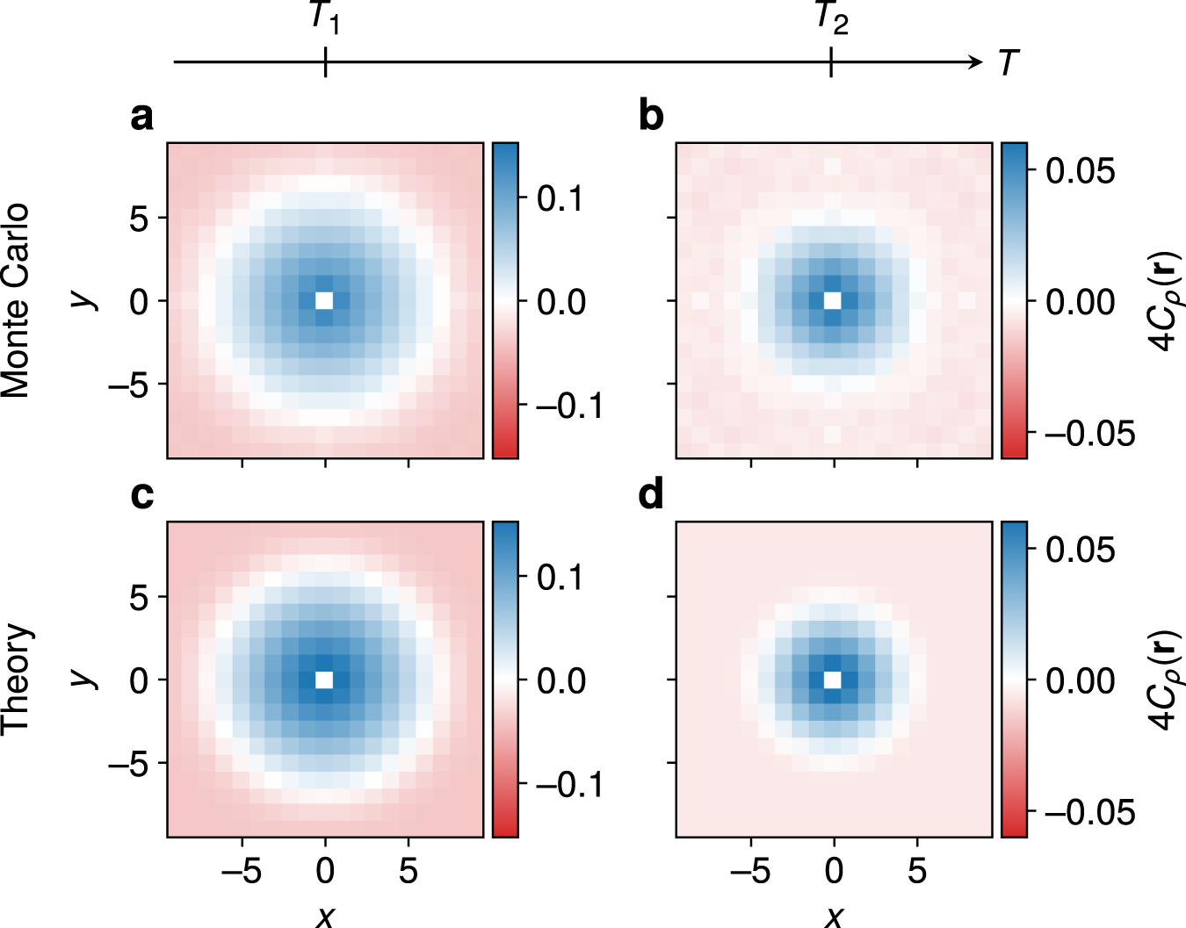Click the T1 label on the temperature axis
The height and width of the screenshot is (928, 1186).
(325, 18)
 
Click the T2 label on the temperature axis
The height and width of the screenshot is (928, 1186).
(831, 18)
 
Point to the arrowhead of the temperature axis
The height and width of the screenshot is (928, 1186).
(976, 61)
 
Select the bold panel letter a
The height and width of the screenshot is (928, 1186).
(141, 117)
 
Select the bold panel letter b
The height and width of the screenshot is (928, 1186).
(651, 117)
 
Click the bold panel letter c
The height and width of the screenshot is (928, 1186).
(141, 496)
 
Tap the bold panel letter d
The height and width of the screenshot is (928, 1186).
(651, 496)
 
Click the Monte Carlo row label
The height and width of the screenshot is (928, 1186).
(16, 300)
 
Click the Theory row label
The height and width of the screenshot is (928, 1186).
(16, 680)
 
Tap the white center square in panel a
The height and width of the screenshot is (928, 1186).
(325, 300)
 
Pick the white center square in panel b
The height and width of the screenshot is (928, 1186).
(833, 300)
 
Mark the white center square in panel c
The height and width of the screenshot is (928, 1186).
(325, 680)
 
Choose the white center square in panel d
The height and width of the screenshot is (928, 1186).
(833, 680)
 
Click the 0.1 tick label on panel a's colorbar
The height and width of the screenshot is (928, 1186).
(560, 199)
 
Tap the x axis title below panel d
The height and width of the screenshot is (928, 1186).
(834, 915)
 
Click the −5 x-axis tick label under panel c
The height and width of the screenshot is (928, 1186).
(242, 871)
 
